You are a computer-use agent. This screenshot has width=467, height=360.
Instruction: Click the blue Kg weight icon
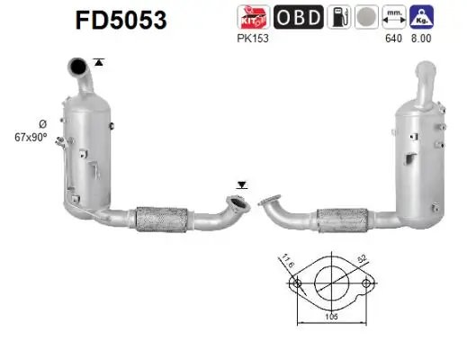(x=418, y=17)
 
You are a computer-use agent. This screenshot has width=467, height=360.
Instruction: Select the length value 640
(x=391, y=38)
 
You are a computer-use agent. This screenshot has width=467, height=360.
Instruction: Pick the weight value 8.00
(x=418, y=38)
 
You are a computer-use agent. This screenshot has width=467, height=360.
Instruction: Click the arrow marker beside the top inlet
(x=98, y=61)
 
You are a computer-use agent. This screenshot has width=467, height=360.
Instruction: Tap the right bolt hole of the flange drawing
(x=365, y=283)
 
